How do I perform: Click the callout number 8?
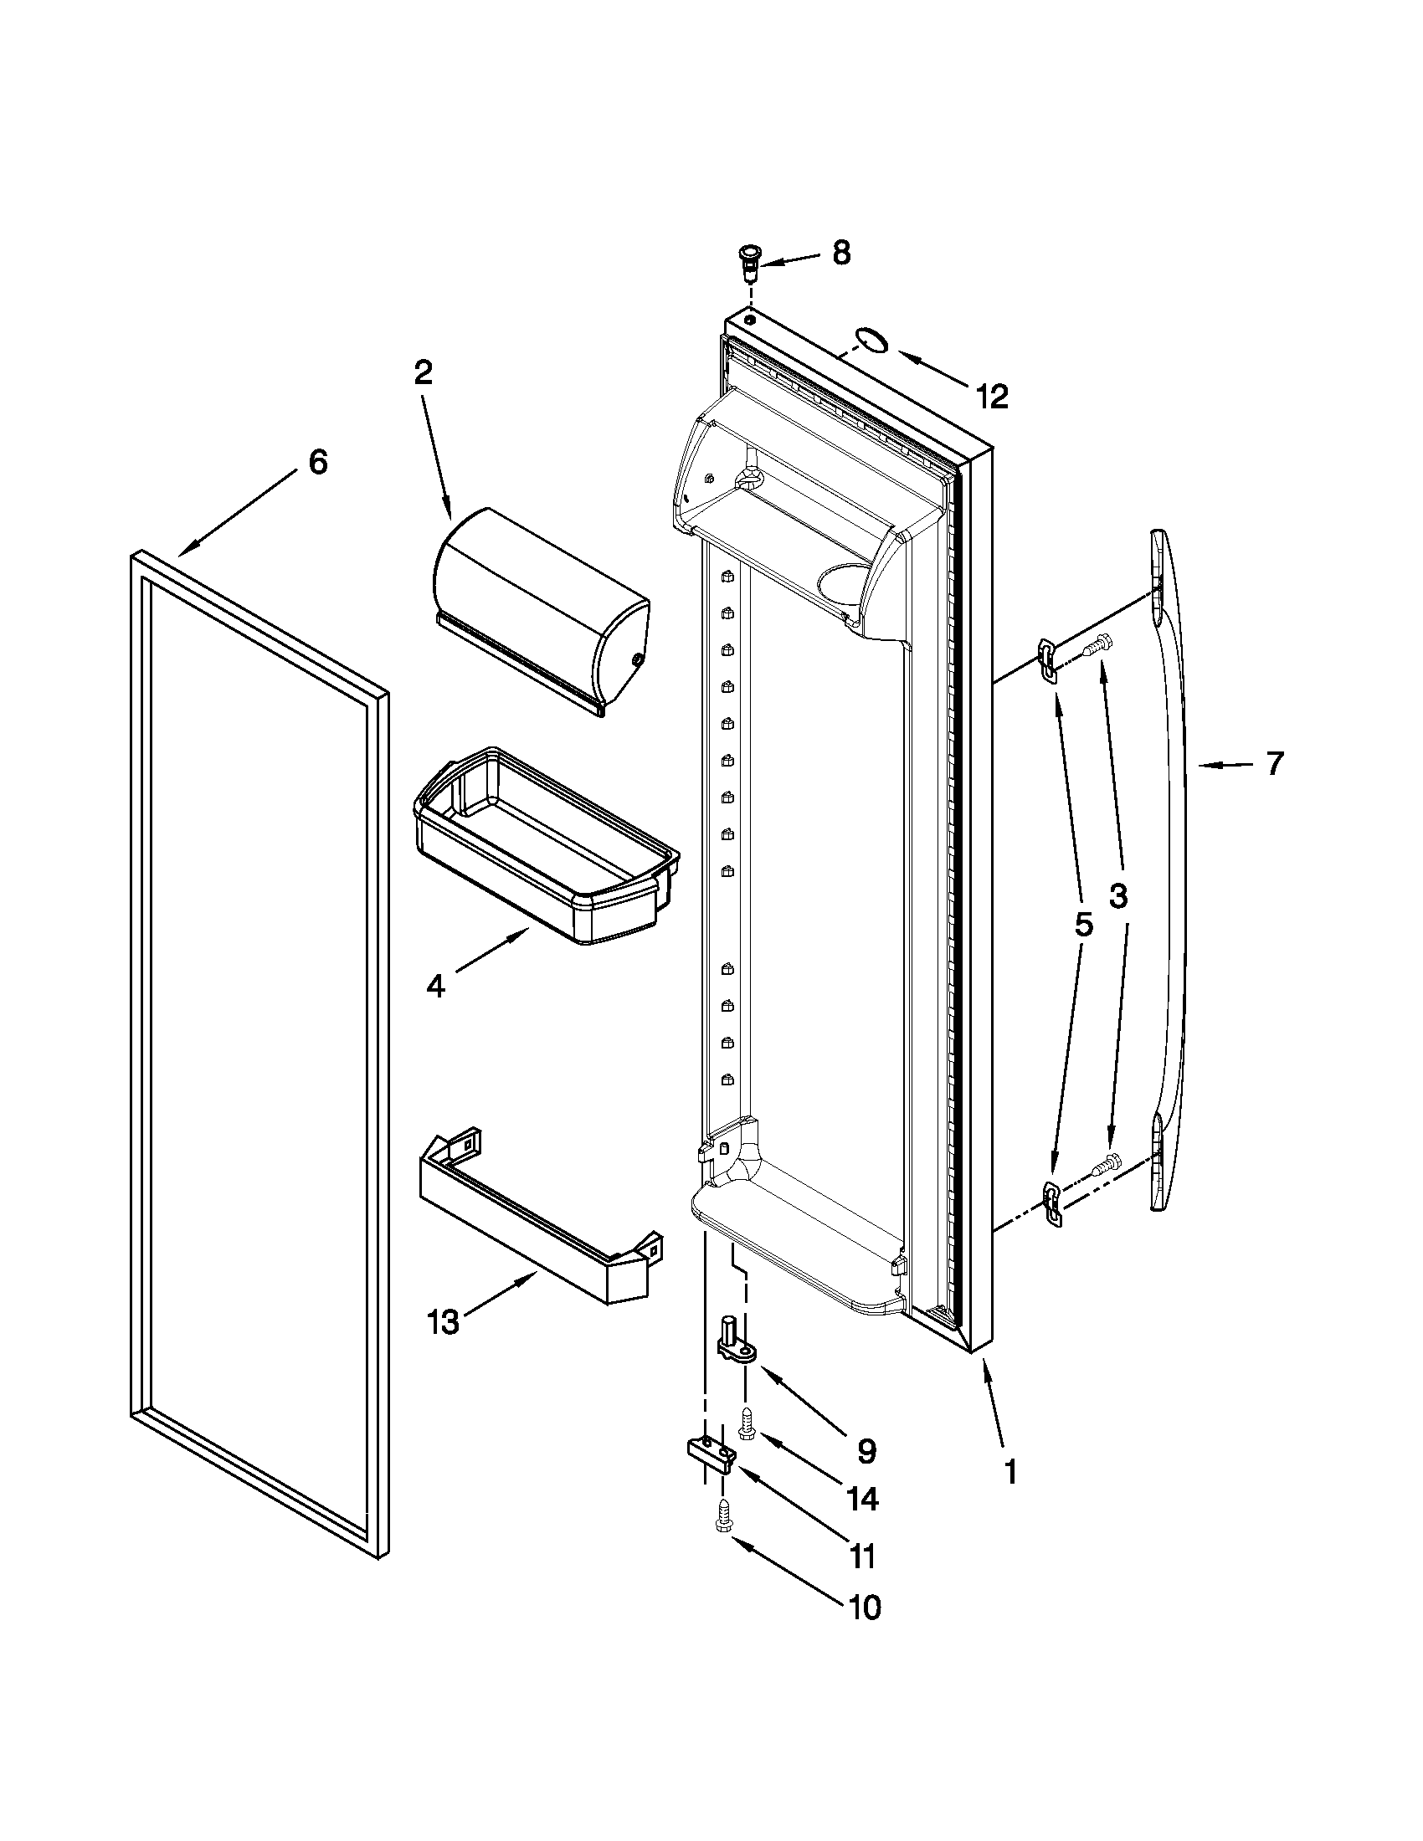point(841,253)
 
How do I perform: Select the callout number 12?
point(992,396)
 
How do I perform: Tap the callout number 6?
point(317,462)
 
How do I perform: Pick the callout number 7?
point(1274,764)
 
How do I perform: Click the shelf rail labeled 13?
point(540,1214)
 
